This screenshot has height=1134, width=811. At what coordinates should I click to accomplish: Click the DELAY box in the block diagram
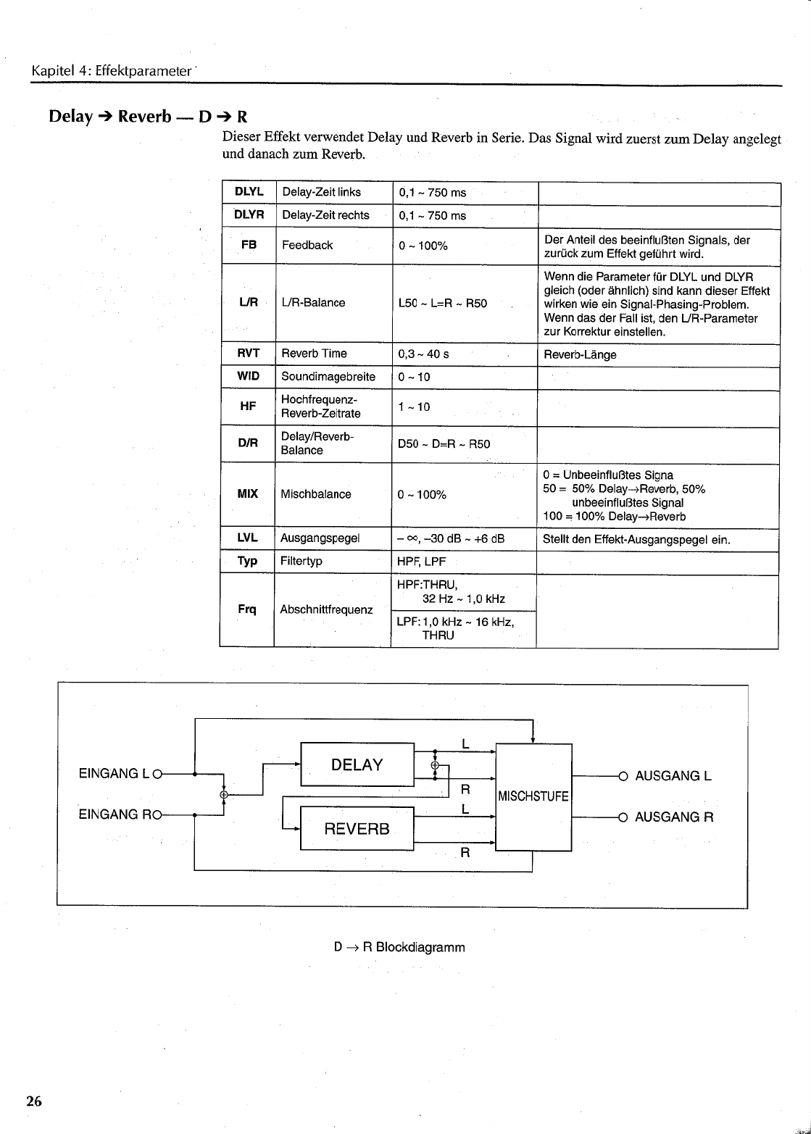(357, 764)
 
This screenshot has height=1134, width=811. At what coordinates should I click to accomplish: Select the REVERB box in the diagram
(357, 828)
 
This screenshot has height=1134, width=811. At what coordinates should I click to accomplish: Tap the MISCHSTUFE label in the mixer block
(533, 797)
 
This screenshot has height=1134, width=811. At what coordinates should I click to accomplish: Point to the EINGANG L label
(114, 774)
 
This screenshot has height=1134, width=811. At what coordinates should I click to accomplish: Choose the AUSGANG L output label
(673, 777)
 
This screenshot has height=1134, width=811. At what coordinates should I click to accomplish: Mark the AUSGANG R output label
(674, 817)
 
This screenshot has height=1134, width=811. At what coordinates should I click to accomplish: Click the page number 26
(34, 1102)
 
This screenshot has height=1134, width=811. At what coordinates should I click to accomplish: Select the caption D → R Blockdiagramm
(399, 947)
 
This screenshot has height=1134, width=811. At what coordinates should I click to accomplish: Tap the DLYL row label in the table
(249, 192)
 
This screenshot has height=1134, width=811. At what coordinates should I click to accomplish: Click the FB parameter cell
(249, 245)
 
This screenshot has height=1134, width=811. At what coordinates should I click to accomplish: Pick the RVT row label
(248, 354)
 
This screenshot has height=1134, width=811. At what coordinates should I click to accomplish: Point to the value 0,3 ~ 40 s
(424, 354)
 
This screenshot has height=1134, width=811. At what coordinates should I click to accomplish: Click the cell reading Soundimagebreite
(328, 377)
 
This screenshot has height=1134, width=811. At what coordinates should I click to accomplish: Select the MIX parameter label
(248, 494)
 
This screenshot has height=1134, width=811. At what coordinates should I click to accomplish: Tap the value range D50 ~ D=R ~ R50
(444, 443)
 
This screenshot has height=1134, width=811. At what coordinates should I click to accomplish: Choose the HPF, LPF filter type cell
(422, 562)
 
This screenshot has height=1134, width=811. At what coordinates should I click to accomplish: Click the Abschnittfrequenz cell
(326, 610)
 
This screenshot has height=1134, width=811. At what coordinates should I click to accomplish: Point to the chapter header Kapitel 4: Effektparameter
(110, 72)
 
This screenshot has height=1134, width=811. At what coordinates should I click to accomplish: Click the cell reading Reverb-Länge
(580, 355)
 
